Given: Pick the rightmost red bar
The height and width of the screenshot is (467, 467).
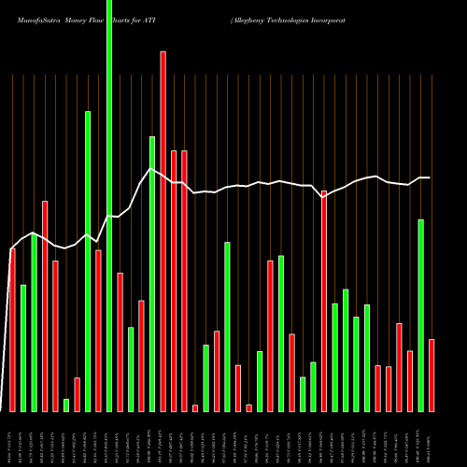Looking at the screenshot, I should [x=432, y=375].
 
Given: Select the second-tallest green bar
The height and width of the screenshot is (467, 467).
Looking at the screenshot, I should [x=88, y=262].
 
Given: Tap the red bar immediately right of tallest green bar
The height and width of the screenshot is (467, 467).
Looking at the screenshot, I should [x=120, y=342].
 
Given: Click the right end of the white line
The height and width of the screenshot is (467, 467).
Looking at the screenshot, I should [x=430, y=177].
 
